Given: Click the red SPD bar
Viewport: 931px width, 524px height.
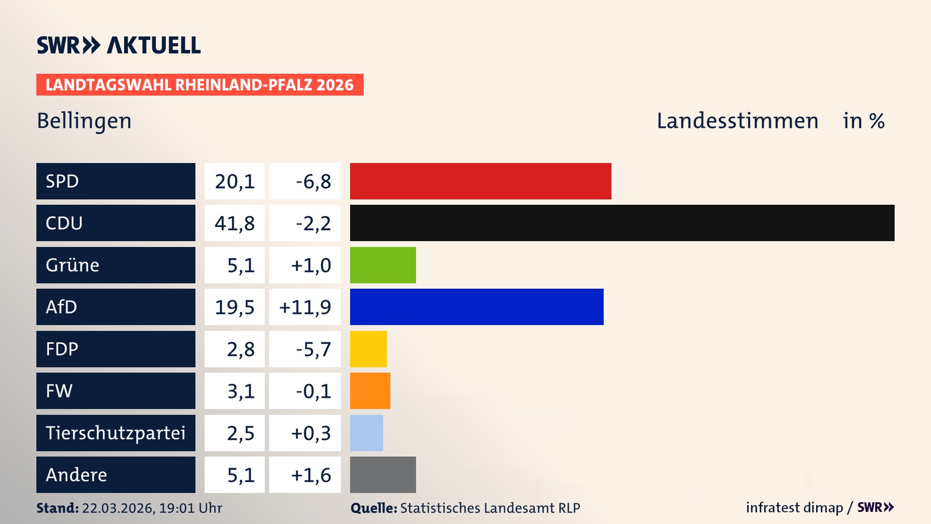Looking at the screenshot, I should point(480,181).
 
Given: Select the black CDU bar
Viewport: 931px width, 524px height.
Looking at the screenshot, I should point(622,223).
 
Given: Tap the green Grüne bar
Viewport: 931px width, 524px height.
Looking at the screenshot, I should point(383,265).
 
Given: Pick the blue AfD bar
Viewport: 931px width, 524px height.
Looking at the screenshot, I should point(476,307).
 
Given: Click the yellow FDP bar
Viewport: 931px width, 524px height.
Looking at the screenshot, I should point(368,349).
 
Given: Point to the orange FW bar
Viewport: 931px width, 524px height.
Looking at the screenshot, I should point(369,391).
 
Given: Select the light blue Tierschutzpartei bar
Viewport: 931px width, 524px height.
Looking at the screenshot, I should point(366,433).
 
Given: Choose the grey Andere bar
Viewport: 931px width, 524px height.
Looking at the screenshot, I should point(383,475).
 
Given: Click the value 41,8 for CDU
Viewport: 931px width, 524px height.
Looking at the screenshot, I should point(235,223).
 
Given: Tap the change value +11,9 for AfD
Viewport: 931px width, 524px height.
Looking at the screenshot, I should point(305,307).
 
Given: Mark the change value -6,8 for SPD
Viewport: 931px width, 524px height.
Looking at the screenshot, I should point(313,181).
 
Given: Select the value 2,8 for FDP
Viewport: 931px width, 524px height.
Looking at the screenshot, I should point(241,349).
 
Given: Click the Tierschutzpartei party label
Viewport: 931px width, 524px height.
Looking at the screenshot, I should point(115,433).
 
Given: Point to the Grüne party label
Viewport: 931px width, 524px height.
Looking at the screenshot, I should point(73,265).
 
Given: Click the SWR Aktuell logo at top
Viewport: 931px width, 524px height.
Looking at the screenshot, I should point(119,45).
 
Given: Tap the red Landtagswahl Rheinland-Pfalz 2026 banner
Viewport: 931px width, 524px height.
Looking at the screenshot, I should point(199,84).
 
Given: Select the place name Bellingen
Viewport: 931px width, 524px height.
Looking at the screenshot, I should point(84,121).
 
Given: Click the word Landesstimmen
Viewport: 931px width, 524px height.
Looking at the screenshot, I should point(737,121).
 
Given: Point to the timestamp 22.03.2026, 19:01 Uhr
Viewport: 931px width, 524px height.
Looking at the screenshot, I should point(152,508).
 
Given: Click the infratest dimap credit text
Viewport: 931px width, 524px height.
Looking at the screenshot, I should point(794,508).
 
